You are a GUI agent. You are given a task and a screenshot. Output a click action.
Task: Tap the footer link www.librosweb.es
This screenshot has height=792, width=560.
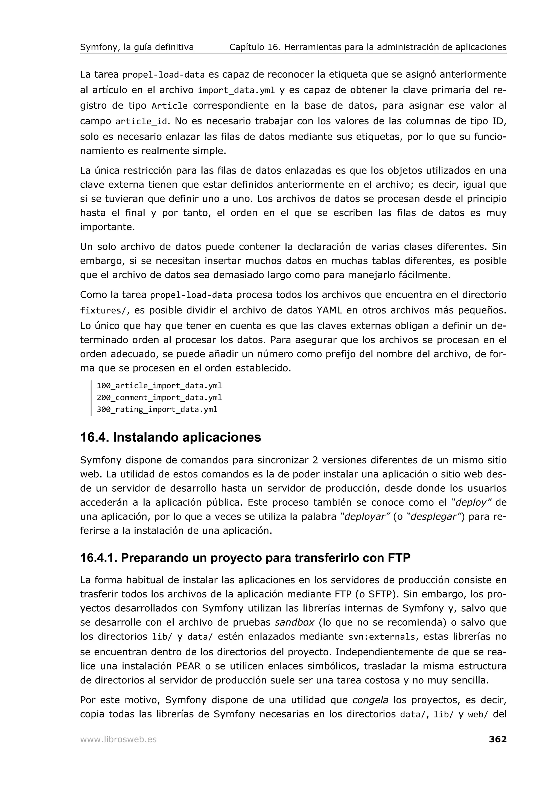point(118,740)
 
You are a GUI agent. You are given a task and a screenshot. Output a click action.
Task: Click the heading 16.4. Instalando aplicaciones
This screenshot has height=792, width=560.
point(170,437)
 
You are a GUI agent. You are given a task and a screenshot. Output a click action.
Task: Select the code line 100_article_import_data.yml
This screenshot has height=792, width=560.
point(159,386)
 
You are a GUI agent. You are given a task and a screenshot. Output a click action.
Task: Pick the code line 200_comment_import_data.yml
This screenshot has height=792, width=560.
point(159,397)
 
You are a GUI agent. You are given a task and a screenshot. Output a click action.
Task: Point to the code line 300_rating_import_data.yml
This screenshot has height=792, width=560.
point(157,409)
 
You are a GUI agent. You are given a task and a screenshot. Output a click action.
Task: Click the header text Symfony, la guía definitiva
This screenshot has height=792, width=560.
point(137,47)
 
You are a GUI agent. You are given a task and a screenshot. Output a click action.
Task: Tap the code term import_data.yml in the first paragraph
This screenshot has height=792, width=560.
point(236,91)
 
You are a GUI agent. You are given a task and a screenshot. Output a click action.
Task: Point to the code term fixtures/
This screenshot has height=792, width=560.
point(103,311)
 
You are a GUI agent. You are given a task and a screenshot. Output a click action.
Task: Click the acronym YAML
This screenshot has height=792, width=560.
point(329,310)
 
